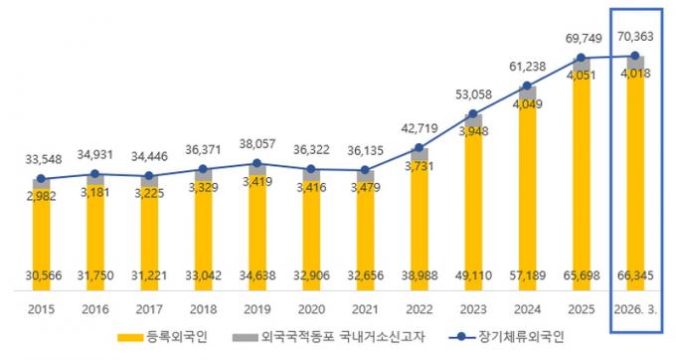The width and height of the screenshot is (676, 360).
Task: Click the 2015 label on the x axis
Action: (x=42, y=309)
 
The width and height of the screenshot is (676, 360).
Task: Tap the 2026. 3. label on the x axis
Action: (x=636, y=309)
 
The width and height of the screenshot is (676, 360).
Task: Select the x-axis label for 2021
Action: (x=365, y=309)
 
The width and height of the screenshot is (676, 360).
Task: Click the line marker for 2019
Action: (x=256, y=163)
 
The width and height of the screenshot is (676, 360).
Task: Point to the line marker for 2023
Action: (x=473, y=113)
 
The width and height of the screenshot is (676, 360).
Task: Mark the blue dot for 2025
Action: (x=582, y=58)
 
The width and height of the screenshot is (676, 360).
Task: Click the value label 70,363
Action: (x=635, y=37)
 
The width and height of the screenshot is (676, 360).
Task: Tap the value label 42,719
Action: (x=420, y=128)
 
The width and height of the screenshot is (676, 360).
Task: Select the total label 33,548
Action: (x=44, y=159)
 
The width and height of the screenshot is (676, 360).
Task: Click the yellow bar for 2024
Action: (x=527, y=195)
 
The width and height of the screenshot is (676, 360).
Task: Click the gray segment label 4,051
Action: (x=582, y=76)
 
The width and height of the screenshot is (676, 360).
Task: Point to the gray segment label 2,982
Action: (x=42, y=196)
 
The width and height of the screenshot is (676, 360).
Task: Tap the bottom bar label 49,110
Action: (x=473, y=275)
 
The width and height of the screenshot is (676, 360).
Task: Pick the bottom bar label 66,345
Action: (x=635, y=275)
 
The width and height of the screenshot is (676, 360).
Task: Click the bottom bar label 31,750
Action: (x=95, y=275)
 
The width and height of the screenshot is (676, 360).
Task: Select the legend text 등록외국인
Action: (x=177, y=337)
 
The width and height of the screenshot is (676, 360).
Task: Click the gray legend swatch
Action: (x=245, y=337)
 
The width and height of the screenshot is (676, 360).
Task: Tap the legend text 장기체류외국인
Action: (x=521, y=337)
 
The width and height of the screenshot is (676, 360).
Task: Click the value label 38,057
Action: (x=257, y=144)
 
